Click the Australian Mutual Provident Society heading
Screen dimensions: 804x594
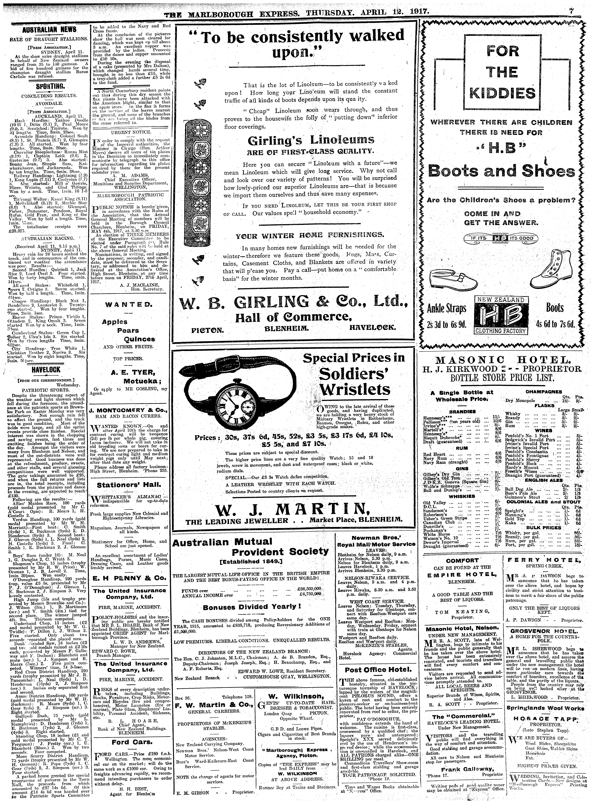pyautogui.click(x=251, y=547)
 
